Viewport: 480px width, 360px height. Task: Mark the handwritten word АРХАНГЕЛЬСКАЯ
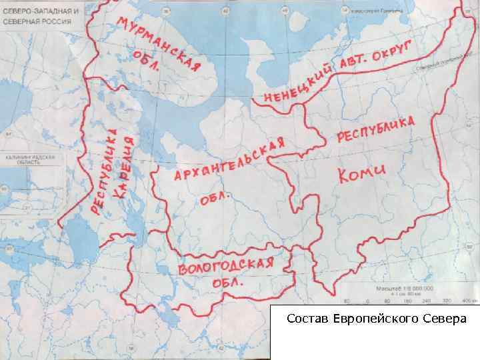pyautogui.click(x=229, y=161)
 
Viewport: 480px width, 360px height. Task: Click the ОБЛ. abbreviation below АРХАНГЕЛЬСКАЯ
pyautogui.click(x=214, y=199)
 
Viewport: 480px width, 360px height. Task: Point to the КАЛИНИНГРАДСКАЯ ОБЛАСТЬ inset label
pyautogui.click(x=29, y=160)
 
